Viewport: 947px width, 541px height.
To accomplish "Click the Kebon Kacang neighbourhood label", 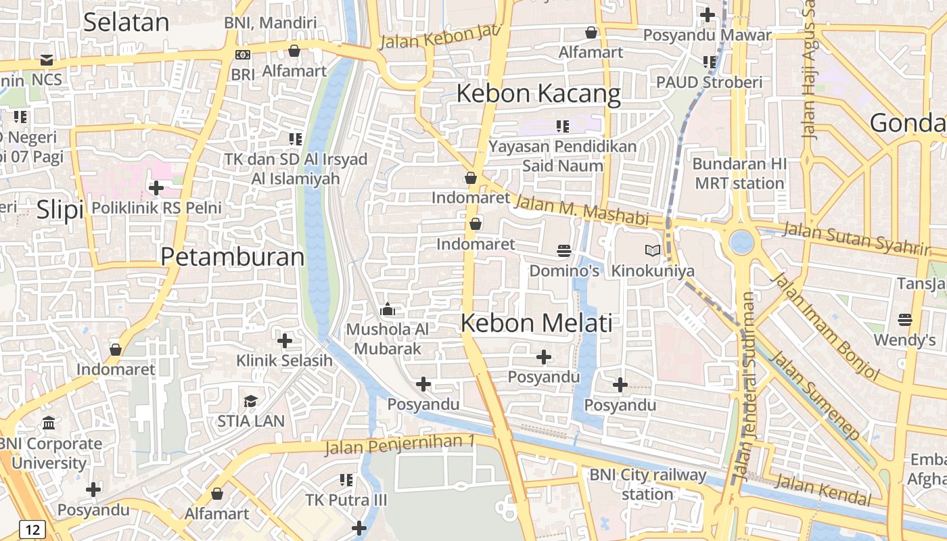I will click(538, 93).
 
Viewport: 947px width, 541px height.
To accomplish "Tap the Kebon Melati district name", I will click(536, 323).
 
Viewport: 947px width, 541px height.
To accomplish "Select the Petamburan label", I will click(233, 257).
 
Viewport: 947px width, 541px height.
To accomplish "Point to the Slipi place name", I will click(60, 210).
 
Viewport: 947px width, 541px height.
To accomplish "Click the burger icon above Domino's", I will click(564, 251).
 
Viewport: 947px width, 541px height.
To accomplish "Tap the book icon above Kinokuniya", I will click(652, 251).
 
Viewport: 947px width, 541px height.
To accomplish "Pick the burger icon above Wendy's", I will click(904, 320).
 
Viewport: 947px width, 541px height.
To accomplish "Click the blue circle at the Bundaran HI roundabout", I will click(741, 241).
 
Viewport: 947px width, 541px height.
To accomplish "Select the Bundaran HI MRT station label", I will click(739, 174).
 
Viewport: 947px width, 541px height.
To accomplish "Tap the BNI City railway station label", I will click(647, 484).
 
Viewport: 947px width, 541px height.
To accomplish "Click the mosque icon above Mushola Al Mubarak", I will click(388, 310).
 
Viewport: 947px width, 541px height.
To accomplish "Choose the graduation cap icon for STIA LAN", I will click(250, 401).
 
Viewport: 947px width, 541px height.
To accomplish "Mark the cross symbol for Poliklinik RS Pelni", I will click(156, 187).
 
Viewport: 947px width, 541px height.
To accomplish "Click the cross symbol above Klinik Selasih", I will click(285, 340).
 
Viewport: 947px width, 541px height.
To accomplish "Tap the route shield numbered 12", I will click(32, 529).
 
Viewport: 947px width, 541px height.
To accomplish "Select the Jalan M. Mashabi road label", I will click(582, 210).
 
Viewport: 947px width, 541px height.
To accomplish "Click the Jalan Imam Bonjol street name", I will click(826, 325).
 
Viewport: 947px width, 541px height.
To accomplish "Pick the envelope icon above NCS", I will click(47, 60).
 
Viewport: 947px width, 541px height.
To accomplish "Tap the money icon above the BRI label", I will click(243, 55).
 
